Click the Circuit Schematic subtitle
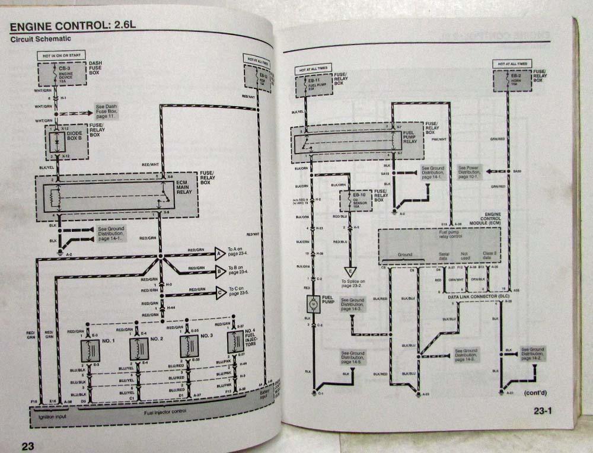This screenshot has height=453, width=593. pos(40,39)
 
